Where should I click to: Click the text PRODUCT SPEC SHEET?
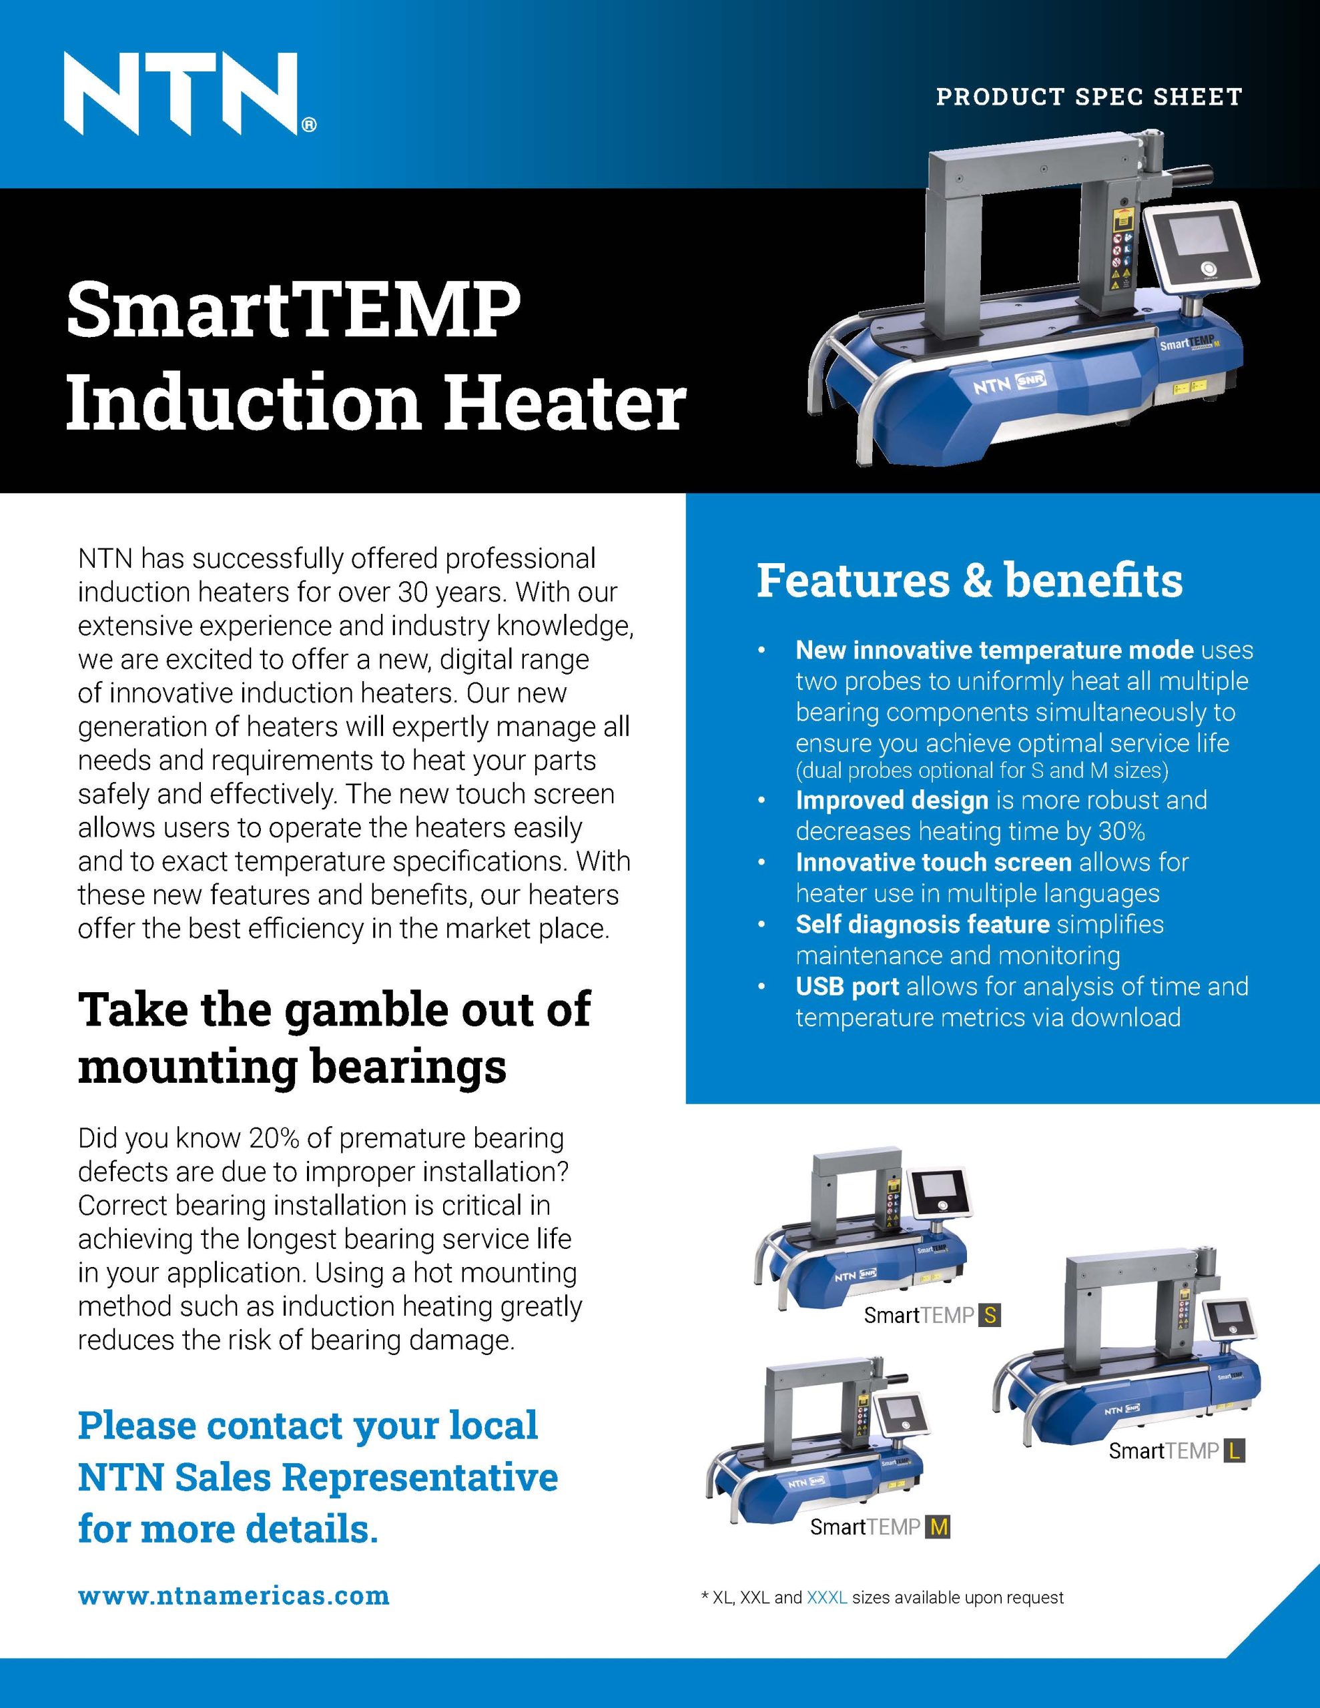(1089, 97)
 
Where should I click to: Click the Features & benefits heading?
(969, 581)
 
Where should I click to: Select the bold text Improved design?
(892, 800)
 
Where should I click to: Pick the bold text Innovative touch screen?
(933, 862)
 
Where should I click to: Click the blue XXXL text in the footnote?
(826, 1597)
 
